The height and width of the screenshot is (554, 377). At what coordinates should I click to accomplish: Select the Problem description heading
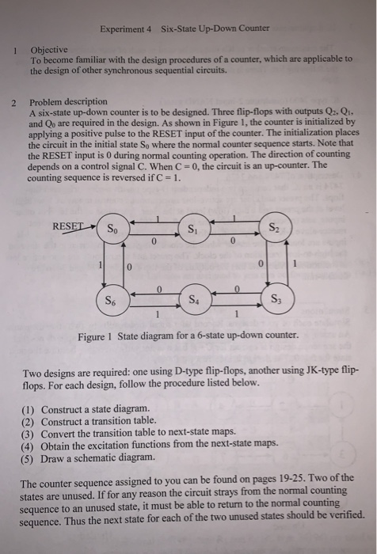click(68, 103)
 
